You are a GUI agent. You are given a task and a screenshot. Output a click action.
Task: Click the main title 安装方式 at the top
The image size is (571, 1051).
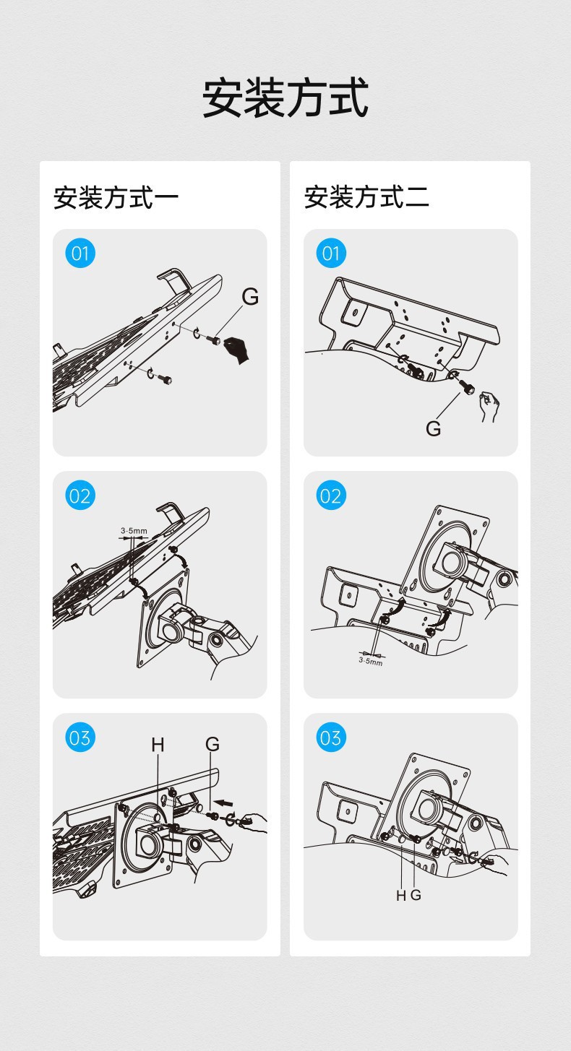pyautogui.click(x=285, y=98)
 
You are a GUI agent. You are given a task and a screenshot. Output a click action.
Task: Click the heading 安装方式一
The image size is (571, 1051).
pyautogui.click(x=116, y=197)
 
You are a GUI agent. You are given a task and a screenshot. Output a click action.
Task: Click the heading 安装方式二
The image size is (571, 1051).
pyautogui.click(x=366, y=197)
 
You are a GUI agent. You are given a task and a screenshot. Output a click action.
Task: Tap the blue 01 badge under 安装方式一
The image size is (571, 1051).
pyautogui.click(x=80, y=254)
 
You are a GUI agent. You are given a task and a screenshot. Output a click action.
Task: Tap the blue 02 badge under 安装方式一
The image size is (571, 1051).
pyautogui.click(x=80, y=496)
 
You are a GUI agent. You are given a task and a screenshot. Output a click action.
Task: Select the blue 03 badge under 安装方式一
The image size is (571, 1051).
pyautogui.click(x=80, y=738)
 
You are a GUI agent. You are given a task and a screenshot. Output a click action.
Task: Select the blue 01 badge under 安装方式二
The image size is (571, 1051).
pyautogui.click(x=331, y=254)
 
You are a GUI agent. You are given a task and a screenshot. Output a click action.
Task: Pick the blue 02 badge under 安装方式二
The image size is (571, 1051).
pyautogui.click(x=331, y=496)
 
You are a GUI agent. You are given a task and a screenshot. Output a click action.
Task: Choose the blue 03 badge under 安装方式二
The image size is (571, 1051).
pyautogui.click(x=331, y=738)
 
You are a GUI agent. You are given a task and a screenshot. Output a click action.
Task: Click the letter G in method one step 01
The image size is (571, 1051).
pyautogui.click(x=250, y=297)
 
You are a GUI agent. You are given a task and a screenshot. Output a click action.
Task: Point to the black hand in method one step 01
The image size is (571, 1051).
pyautogui.click(x=238, y=350)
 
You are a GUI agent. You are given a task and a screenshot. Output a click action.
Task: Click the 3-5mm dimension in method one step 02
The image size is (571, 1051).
pyautogui.click(x=134, y=531)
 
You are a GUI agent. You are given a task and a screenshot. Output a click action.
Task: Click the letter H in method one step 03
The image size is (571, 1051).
pyautogui.click(x=158, y=744)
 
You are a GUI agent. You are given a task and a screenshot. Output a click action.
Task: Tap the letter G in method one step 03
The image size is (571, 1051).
pyautogui.click(x=212, y=744)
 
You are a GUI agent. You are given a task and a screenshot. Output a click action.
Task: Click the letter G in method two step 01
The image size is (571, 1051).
pyautogui.click(x=434, y=428)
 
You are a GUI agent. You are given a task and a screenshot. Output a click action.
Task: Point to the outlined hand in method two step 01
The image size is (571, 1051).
pyautogui.click(x=489, y=407)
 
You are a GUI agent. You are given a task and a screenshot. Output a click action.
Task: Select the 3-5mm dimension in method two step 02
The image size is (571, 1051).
pyautogui.click(x=371, y=662)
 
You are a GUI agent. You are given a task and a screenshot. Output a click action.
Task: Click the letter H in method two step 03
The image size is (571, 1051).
pyautogui.click(x=401, y=896)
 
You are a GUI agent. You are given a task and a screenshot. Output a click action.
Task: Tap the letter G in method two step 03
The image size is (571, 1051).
pyautogui.click(x=416, y=895)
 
